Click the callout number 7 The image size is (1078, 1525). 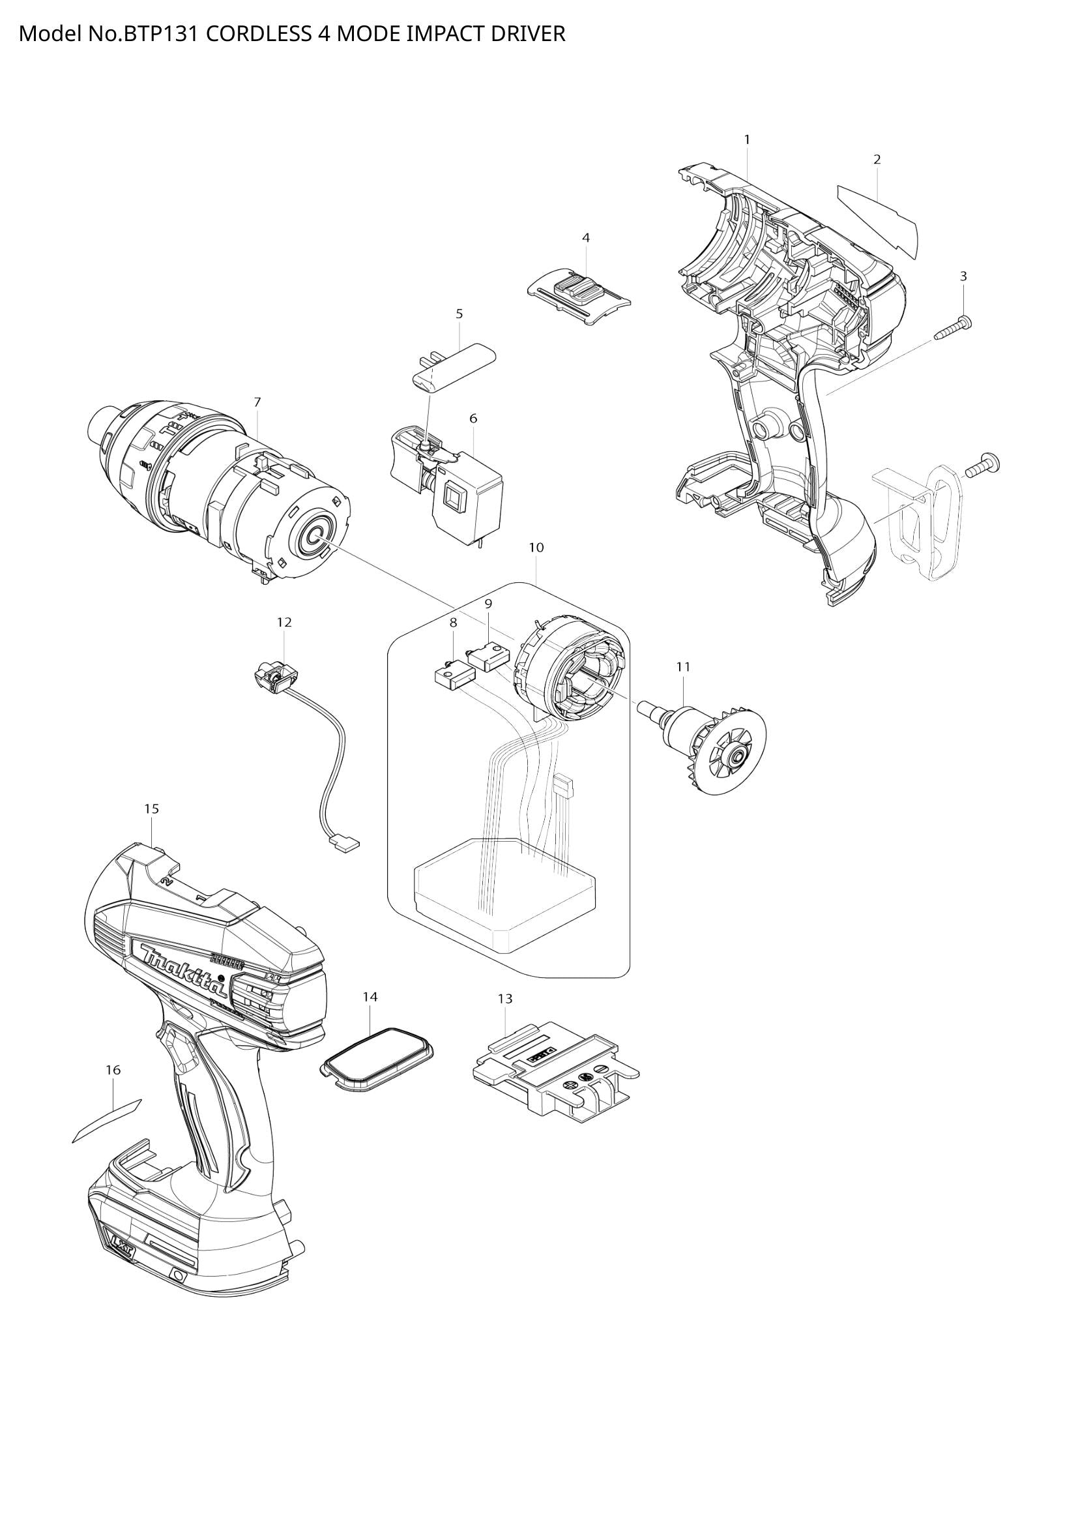(x=257, y=402)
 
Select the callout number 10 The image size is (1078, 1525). (x=536, y=547)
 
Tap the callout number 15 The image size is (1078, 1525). (x=151, y=809)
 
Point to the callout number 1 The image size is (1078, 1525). (x=747, y=140)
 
